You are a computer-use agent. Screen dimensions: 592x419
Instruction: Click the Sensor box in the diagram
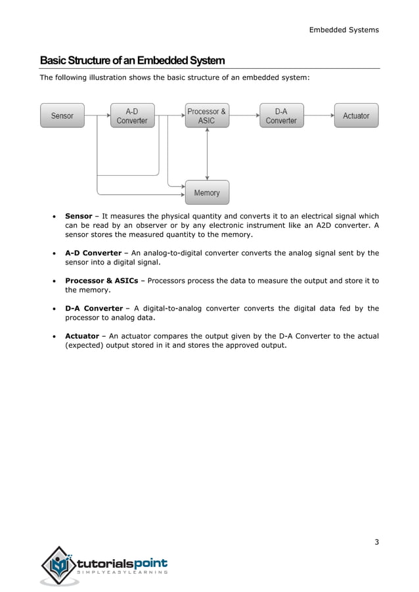pos(62,116)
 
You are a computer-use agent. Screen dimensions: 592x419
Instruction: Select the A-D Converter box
pos(132,116)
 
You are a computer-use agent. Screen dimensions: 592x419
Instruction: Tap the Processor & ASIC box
pos(207,116)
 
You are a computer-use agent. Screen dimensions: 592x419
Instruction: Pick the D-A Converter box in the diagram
pos(281,116)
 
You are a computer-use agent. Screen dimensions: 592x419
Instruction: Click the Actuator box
pos(356,116)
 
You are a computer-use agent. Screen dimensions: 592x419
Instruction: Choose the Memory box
pos(207,193)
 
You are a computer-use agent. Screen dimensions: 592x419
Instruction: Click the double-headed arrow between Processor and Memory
pos(207,154)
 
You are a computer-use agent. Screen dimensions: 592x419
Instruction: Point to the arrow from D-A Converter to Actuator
pos(319,116)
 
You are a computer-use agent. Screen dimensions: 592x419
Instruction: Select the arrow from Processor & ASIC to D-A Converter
pos(244,116)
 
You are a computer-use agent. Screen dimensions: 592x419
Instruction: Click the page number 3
pos(376,541)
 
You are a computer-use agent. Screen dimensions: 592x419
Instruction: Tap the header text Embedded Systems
pos(343,30)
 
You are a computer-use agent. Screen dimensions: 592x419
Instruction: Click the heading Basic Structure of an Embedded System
pos(132,61)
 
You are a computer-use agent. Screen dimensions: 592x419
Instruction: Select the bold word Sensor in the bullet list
pos(78,216)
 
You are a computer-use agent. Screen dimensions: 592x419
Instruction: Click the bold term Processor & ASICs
pos(102,281)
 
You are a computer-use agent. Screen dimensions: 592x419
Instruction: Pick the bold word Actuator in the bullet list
pos(81,336)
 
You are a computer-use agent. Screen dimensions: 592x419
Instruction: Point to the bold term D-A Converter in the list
pos(93,308)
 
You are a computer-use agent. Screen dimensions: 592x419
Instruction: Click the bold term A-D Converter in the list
pos(93,253)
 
